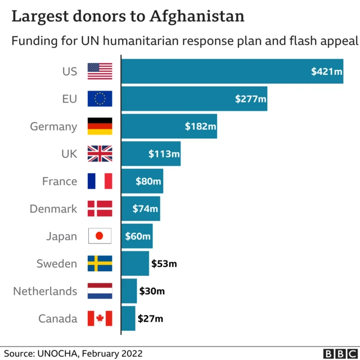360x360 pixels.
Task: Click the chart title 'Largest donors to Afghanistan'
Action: point(128,16)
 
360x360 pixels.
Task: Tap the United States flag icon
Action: point(100,71)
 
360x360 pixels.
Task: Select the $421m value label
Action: point(327,71)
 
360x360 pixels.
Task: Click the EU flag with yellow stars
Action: point(100,99)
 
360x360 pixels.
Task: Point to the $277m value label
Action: point(250,99)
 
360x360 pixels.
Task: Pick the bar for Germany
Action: point(169,126)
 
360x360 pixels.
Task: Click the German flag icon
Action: point(100,126)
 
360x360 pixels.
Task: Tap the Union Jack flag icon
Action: point(100,154)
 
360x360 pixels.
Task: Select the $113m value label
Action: point(164,154)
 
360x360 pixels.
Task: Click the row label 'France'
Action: point(60,181)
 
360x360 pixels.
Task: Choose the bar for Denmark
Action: point(141,209)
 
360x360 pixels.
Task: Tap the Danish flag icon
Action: point(100,209)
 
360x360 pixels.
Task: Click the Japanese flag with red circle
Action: point(100,236)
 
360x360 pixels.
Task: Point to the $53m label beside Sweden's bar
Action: point(164,263)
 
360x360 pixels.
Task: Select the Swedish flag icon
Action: point(100,263)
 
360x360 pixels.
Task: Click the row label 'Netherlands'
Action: point(46,291)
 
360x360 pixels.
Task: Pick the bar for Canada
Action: point(128,318)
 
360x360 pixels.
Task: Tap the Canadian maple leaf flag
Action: point(100,318)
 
